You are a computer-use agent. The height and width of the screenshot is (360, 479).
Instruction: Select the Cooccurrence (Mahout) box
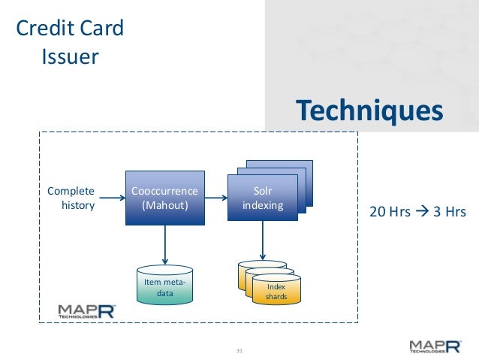(164, 198)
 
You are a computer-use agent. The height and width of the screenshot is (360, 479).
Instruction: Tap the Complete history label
(71, 198)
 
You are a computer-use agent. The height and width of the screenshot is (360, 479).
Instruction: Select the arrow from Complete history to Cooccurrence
(112, 198)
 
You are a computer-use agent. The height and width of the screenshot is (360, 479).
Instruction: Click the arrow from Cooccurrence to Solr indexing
(215, 198)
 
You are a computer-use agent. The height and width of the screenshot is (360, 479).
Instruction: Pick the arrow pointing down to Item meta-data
(164, 244)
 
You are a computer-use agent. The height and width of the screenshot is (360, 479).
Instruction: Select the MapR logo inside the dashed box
(86, 311)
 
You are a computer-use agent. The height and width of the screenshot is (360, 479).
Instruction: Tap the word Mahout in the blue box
(164, 205)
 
